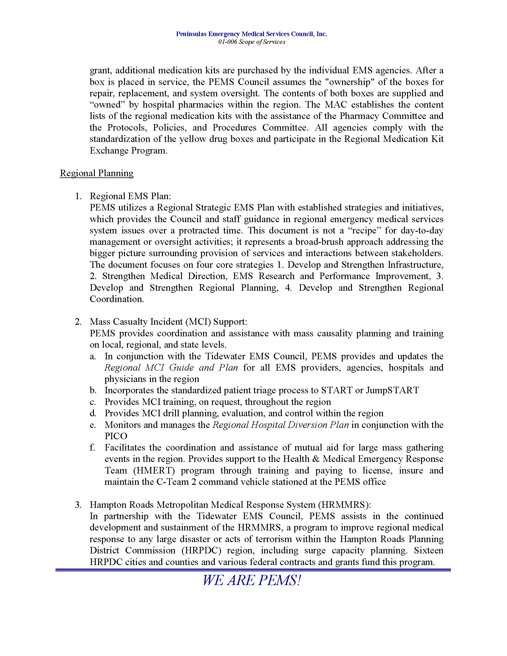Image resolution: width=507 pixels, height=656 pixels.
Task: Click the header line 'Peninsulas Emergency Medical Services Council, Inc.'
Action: (251, 34)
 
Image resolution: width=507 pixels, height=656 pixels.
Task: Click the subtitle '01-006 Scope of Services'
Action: (251, 42)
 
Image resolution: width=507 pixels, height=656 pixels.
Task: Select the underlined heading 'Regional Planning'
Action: (96, 173)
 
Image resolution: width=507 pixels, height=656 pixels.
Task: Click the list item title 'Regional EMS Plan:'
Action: (130, 196)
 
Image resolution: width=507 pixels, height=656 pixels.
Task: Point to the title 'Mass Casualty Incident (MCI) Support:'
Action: (168, 322)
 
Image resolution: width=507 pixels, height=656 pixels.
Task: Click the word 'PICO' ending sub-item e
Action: (116, 436)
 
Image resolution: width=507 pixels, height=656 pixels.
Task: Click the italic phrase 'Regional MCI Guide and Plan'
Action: (171, 368)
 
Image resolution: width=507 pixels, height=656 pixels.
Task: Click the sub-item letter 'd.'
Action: (93, 413)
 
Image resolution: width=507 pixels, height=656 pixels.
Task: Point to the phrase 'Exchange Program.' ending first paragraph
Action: (129, 151)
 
